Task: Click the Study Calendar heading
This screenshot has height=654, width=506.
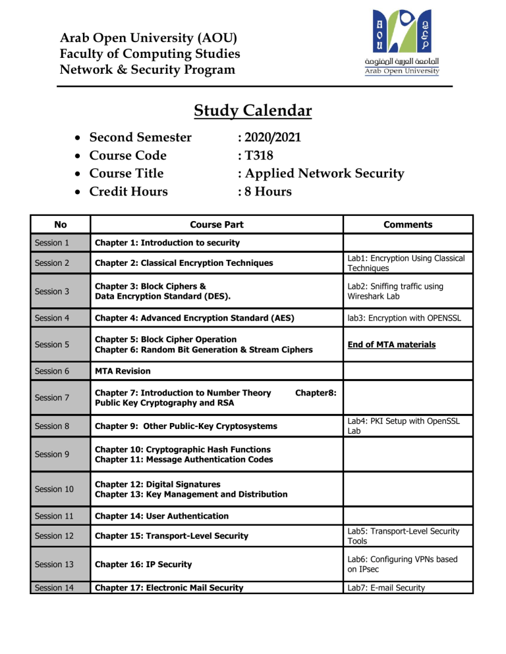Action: coord(252,111)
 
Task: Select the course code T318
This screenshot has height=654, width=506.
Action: coord(254,156)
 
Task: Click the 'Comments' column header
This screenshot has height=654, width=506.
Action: coord(408,224)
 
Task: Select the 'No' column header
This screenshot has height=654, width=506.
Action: coord(60,224)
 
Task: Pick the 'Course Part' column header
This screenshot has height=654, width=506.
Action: coord(216,224)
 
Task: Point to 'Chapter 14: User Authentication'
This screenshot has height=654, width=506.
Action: coord(162,515)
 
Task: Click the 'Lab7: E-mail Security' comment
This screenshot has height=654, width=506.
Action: coord(387,587)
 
